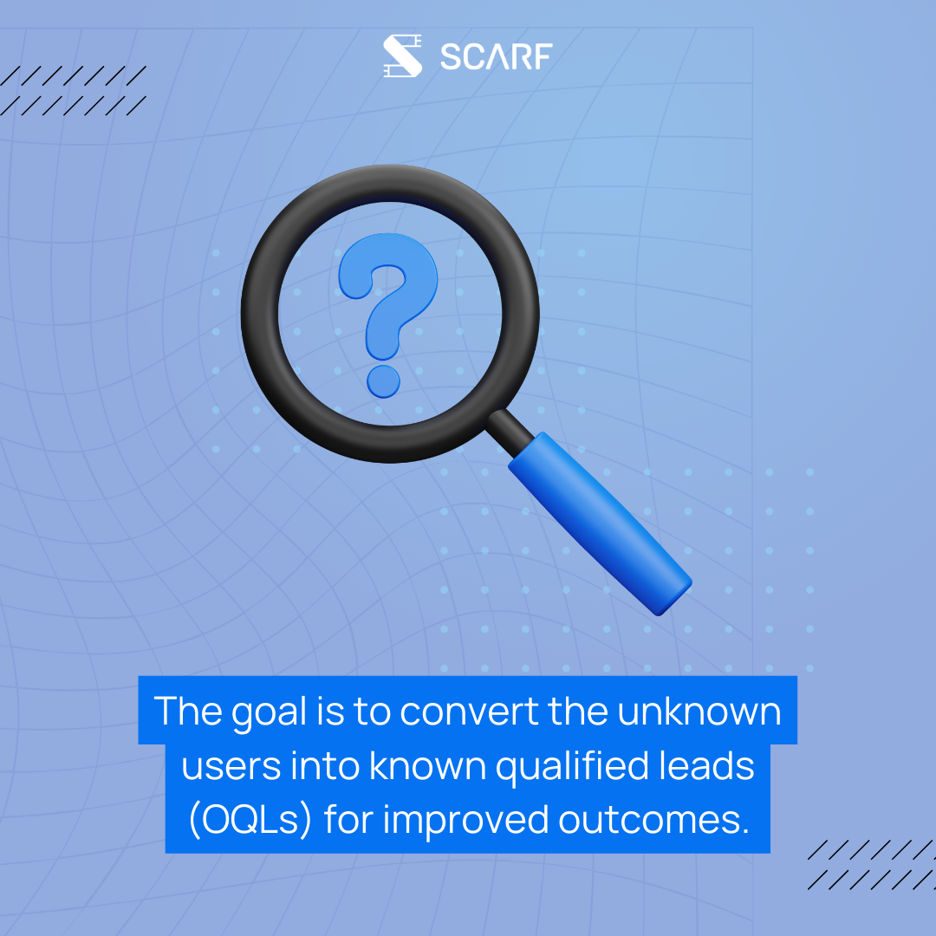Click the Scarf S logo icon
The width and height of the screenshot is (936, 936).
click(x=402, y=55)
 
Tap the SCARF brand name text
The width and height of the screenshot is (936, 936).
click(x=496, y=56)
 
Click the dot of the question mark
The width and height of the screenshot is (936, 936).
click(x=383, y=381)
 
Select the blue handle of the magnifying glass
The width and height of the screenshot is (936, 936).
click(x=600, y=523)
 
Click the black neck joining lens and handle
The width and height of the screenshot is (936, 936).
click(x=510, y=432)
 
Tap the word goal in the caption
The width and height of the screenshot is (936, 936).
click(x=270, y=712)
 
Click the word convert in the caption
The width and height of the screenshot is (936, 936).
click(x=469, y=712)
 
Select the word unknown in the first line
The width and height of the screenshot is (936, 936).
click(x=699, y=711)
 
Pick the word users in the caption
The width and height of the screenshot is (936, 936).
click(x=231, y=766)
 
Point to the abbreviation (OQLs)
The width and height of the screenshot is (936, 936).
click(x=250, y=819)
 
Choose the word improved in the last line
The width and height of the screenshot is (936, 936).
click(x=465, y=820)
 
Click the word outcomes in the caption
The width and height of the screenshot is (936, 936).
click(x=653, y=820)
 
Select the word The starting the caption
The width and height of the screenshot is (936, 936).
click(x=188, y=711)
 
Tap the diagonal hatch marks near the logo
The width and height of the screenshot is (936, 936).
click(x=73, y=90)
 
